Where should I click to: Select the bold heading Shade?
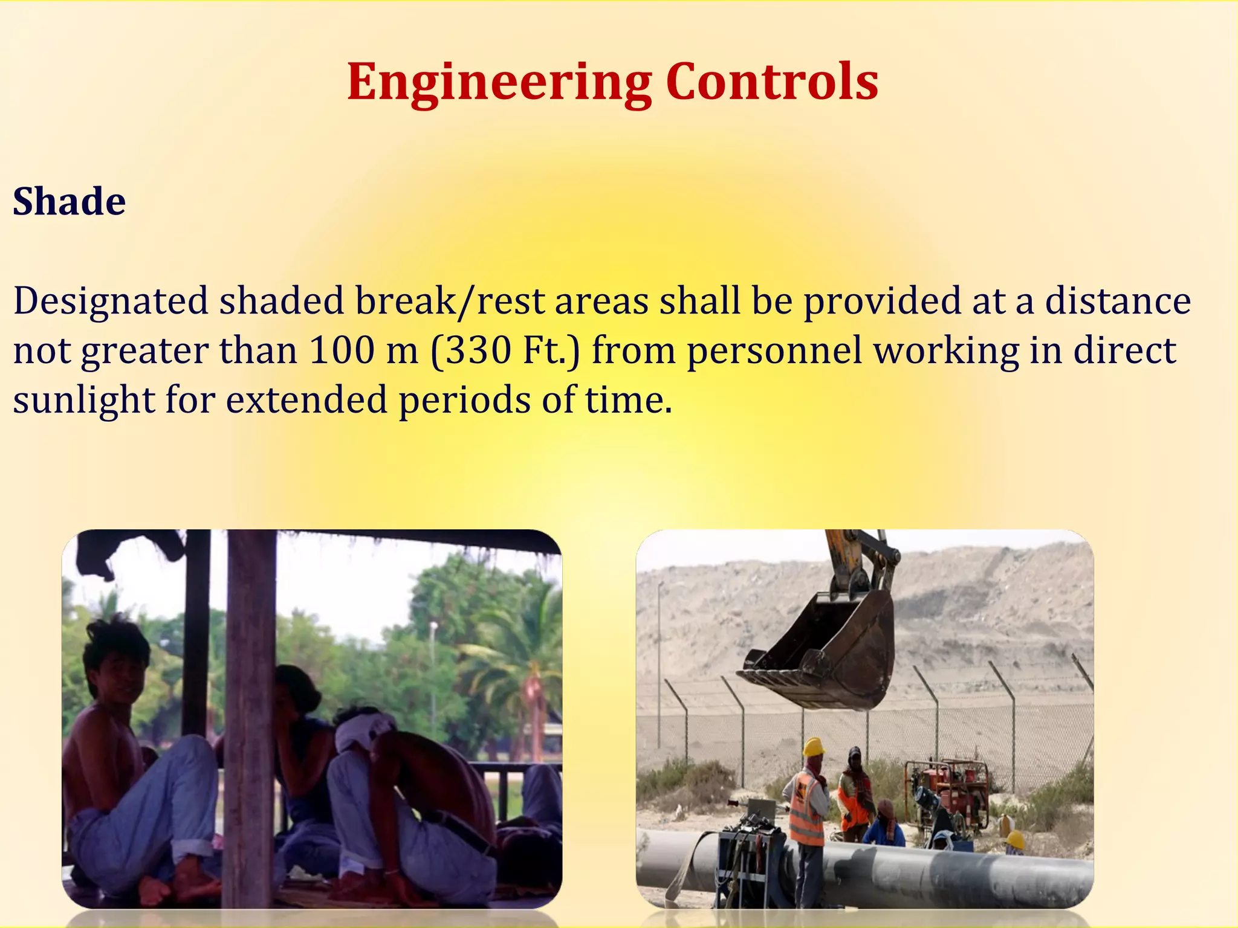(x=70, y=201)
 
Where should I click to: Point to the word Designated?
(x=111, y=301)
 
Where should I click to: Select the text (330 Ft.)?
(x=505, y=350)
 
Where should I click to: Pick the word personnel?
(x=774, y=350)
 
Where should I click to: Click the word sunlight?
(x=84, y=400)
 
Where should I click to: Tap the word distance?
(x=1118, y=301)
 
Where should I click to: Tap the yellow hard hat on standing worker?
(x=814, y=747)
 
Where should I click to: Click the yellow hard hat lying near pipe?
(x=1015, y=840)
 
